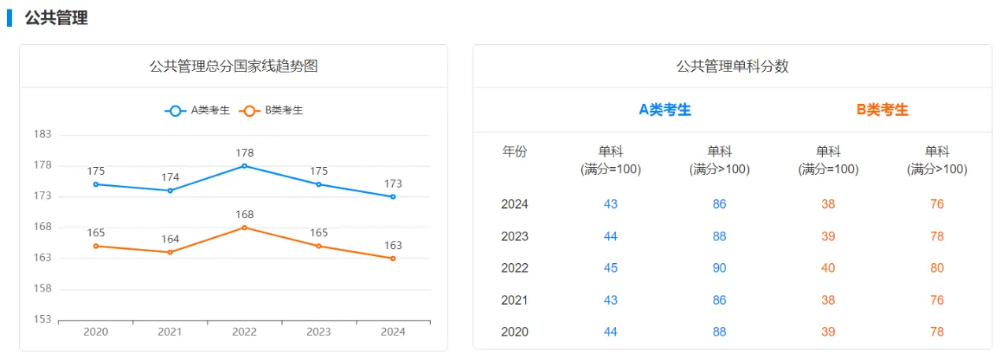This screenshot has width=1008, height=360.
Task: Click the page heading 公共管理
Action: pos(56,17)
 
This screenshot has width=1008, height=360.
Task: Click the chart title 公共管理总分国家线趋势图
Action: pos(233,66)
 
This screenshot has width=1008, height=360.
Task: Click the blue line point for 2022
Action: pos(244,165)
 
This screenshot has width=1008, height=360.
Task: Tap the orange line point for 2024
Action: pos(393,258)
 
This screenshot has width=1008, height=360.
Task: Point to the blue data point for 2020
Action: pos(95,184)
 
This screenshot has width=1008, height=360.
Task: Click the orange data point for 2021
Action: pos(170,252)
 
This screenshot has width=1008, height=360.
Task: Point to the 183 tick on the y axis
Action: pos(43,134)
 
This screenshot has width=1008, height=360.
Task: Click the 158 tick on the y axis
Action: pos(43,288)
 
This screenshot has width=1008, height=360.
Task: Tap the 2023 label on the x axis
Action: pos(318,332)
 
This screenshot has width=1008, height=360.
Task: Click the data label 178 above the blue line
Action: pos(244,153)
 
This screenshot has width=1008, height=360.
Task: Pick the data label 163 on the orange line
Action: pos(393,245)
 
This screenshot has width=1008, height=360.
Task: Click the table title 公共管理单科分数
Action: pos(732,66)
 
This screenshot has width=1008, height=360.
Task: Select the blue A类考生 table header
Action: pos(665,110)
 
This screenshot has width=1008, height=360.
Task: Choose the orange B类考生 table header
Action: pos(882,110)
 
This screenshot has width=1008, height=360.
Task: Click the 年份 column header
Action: pos(515,152)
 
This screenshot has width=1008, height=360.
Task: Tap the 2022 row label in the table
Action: pos(515,268)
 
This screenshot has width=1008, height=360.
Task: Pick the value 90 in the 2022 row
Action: pos(719,268)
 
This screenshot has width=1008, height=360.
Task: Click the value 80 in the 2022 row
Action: pos(936,268)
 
